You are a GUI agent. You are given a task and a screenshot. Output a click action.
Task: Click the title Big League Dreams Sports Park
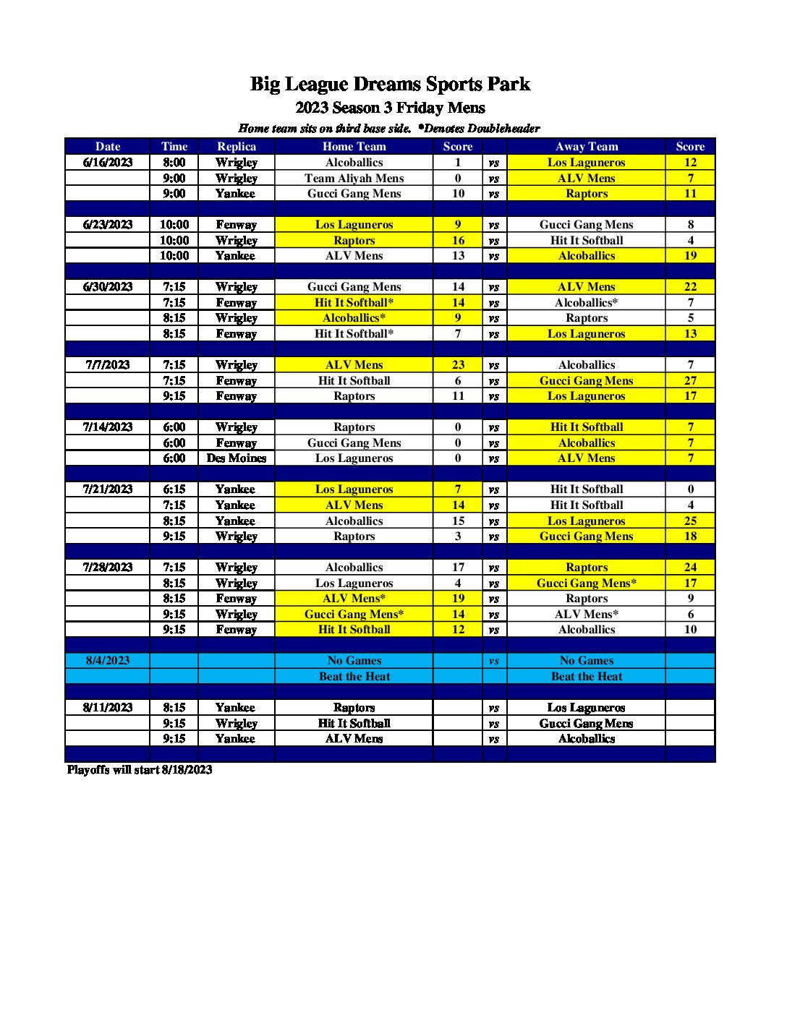pos(390,85)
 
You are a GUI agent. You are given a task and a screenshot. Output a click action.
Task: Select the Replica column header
pos(237,146)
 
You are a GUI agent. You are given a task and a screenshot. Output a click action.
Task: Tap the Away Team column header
pos(586,146)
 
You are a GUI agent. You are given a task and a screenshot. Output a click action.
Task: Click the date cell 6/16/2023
pos(108,163)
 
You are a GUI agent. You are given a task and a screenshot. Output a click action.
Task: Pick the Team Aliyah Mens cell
pos(354,179)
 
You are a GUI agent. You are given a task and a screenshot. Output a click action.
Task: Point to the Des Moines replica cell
pos(237,458)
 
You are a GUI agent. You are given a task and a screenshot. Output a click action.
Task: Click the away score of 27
pos(690,381)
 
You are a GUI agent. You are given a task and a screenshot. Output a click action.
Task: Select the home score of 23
pos(458,365)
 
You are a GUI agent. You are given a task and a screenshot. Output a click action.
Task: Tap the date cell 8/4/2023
pos(108,661)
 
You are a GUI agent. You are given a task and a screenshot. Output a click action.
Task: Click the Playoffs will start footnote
pos(140,770)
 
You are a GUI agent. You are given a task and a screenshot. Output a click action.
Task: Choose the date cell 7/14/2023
pos(108,427)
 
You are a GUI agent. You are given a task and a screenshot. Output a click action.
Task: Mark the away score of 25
pos(690,521)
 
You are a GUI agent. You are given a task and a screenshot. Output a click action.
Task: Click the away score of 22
pos(690,287)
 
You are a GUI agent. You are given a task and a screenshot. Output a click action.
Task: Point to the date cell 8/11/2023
pos(108,708)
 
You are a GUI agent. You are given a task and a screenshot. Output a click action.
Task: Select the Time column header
pos(174,146)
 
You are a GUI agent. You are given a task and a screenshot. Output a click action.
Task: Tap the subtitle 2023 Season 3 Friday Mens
pos(390,108)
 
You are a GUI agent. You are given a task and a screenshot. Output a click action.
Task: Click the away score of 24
pos(690,568)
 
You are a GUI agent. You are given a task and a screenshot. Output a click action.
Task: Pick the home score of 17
pos(458,568)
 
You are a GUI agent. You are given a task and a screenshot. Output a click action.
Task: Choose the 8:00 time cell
pos(174,163)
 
